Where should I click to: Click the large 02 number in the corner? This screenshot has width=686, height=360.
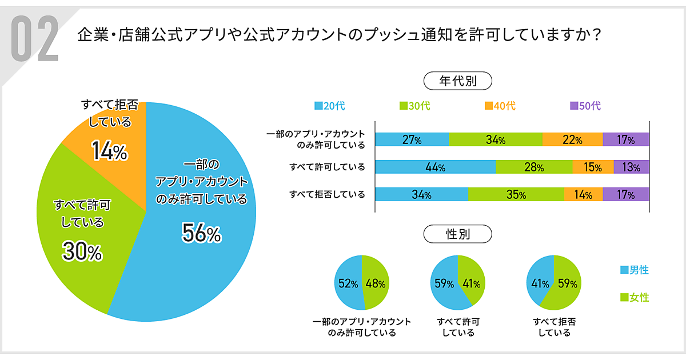[x=35, y=39]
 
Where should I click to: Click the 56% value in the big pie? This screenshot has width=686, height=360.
[x=201, y=233]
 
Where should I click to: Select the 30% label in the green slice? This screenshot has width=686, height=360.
[x=82, y=252]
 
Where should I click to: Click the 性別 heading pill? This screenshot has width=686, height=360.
[x=457, y=234]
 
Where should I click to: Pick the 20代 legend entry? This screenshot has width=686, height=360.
[x=330, y=106]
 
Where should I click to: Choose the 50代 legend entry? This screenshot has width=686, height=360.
[x=585, y=106]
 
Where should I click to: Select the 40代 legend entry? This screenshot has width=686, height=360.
[x=500, y=106]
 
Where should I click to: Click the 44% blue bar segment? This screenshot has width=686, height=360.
[x=436, y=167]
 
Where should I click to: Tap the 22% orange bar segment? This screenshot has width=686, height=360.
[x=572, y=139]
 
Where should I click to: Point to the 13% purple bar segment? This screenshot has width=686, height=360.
[x=631, y=167]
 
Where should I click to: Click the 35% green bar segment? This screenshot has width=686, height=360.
[x=516, y=194]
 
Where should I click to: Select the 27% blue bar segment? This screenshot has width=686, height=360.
[x=412, y=139]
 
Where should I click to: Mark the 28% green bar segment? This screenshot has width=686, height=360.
[x=534, y=167]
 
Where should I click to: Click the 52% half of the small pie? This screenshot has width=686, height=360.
[x=347, y=283]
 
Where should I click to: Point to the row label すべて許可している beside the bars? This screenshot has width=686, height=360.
[x=327, y=167]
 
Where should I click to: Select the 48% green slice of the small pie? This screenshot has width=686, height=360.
[x=376, y=283]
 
